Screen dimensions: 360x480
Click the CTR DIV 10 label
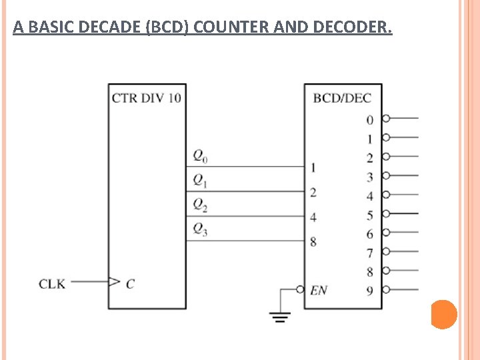click(x=146, y=98)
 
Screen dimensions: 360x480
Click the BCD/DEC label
click(x=342, y=98)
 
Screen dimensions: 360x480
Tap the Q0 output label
click(x=200, y=156)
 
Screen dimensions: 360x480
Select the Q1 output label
click(x=200, y=180)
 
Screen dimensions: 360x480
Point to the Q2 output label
click(x=200, y=205)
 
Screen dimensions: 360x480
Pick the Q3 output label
click(x=200, y=229)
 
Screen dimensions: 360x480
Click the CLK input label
click(x=52, y=283)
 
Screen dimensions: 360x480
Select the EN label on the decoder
click(x=319, y=290)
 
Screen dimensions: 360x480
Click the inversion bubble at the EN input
click(x=301, y=289)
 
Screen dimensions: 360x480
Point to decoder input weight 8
click(x=313, y=241)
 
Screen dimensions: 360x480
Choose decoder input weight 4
click(x=313, y=217)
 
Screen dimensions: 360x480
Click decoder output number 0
click(x=369, y=120)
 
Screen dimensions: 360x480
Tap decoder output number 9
click(x=369, y=291)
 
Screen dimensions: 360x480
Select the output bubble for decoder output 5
click(x=385, y=213)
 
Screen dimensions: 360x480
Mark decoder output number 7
click(x=369, y=253)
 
